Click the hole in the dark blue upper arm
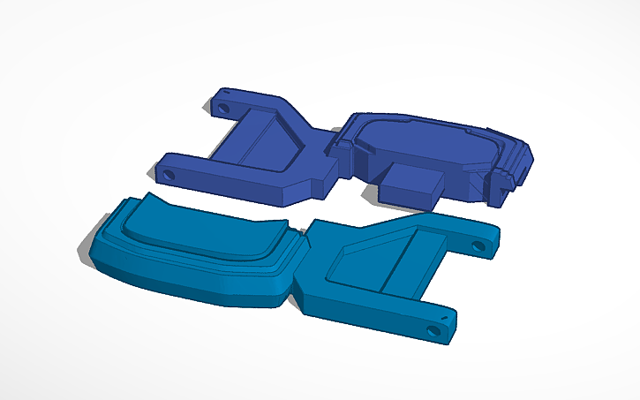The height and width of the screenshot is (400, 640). (222, 108)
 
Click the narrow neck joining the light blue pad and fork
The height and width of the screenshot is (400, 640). (300, 266)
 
